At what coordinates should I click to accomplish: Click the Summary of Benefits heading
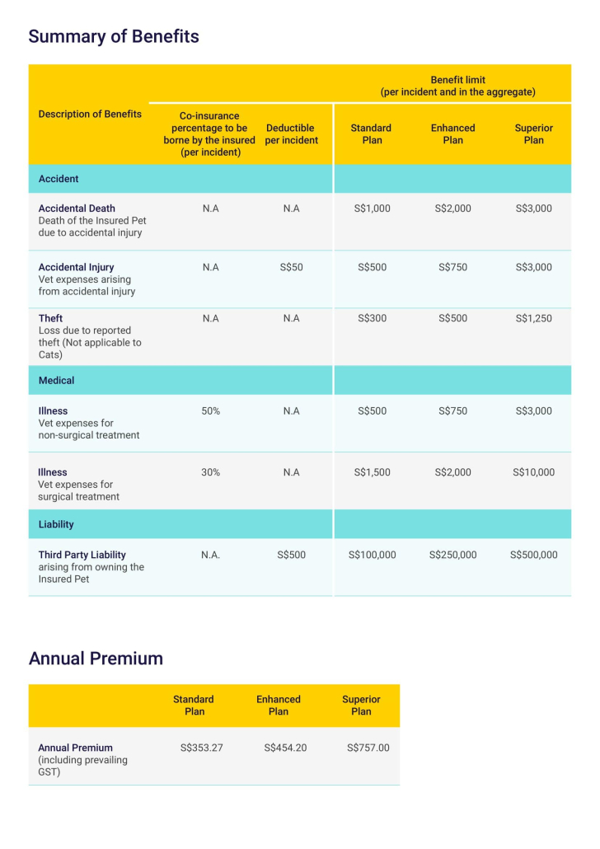[x=114, y=36]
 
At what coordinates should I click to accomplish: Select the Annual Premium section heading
[x=96, y=658]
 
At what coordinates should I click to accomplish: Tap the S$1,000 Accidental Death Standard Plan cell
[x=372, y=209]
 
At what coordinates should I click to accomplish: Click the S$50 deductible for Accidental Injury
[x=291, y=267]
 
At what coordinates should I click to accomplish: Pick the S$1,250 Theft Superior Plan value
[x=533, y=318]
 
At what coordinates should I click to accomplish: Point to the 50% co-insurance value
[x=210, y=410]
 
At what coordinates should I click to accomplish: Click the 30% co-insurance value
[x=210, y=472]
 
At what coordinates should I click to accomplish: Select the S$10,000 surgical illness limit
[x=533, y=472]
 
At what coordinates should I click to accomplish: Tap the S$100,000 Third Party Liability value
[x=372, y=555]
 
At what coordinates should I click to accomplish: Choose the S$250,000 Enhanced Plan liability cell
[x=452, y=555]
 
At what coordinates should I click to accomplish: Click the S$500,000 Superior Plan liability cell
[x=533, y=555]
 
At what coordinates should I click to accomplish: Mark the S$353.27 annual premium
[x=202, y=748]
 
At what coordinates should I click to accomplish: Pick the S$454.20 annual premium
[x=285, y=748]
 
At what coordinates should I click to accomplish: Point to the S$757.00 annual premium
[x=368, y=748]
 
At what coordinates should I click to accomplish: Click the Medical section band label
[x=56, y=380]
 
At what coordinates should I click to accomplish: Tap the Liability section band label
[x=56, y=524]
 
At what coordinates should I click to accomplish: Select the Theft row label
[x=50, y=318]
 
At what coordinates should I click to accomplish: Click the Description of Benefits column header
[x=90, y=114]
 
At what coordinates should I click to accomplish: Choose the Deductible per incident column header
[x=291, y=134]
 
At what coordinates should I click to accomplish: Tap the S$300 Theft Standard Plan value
[x=372, y=318]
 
